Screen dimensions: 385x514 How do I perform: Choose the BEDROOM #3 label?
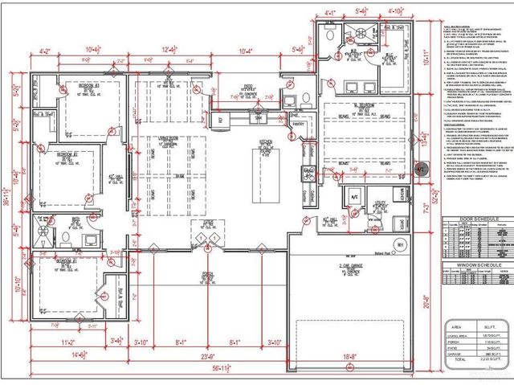tap(89, 84)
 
